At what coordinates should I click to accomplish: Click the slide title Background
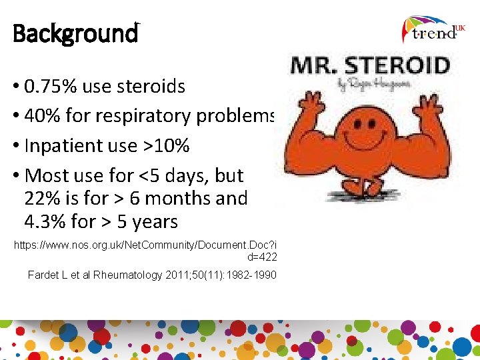tap(75, 33)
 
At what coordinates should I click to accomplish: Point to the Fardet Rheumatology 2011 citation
tap(152, 275)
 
